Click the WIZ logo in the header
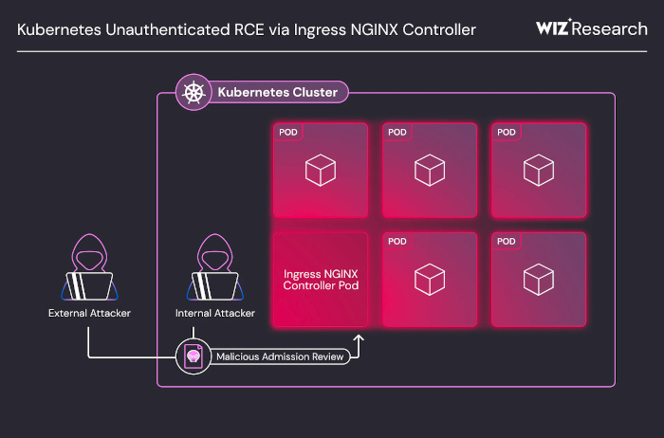click(x=553, y=27)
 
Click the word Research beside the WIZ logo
click(x=610, y=29)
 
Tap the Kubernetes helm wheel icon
click(x=194, y=92)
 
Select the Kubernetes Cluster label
click(x=278, y=92)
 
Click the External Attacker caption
click(x=89, y=313)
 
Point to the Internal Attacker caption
click(x=215, y=313)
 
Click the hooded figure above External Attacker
click(x=89, y=267)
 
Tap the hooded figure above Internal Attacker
click(x=215, y=267)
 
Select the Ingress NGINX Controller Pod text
click(x=321, y=280)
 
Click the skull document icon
click(x=194, y=356)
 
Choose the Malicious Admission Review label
click(x=280, y=356)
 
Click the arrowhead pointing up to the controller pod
click(x=359, y=338)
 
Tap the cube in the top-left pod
click(x=321, y=170)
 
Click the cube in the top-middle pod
click(x=430, y=170)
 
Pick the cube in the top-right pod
click(x=539, y=170)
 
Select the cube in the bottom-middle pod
click(x=430, y=280)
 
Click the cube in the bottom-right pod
click(x=539, y=280)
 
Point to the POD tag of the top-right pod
click(x=507, y=132)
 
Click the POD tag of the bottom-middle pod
click(x=397, y=241)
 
